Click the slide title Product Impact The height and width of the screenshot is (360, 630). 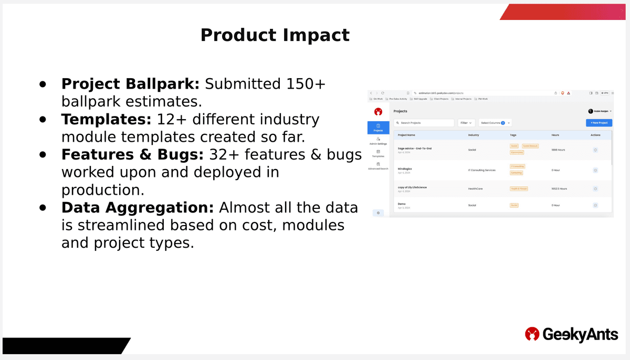click(x=275, y=35)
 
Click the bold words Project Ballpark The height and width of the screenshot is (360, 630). click(x=130, y=84)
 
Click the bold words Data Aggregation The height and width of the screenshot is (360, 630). click(x=137, y=208)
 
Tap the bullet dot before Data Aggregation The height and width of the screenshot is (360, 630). click(x=43, y=208)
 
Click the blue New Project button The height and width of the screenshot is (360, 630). click(x=598, y=123)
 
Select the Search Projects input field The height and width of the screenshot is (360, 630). click(x=424, y=123)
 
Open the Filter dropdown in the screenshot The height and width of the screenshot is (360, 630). click(x=466, y=123)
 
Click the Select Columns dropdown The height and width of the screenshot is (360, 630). click(x=496, y=123)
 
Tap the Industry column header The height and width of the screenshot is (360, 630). click(x=474, y=135)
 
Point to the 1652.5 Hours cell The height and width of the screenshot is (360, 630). click(x=559, y=188)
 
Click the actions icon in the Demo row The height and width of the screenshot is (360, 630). click(x=595, y=205)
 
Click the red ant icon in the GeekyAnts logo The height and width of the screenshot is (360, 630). click(x=532, y=334)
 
